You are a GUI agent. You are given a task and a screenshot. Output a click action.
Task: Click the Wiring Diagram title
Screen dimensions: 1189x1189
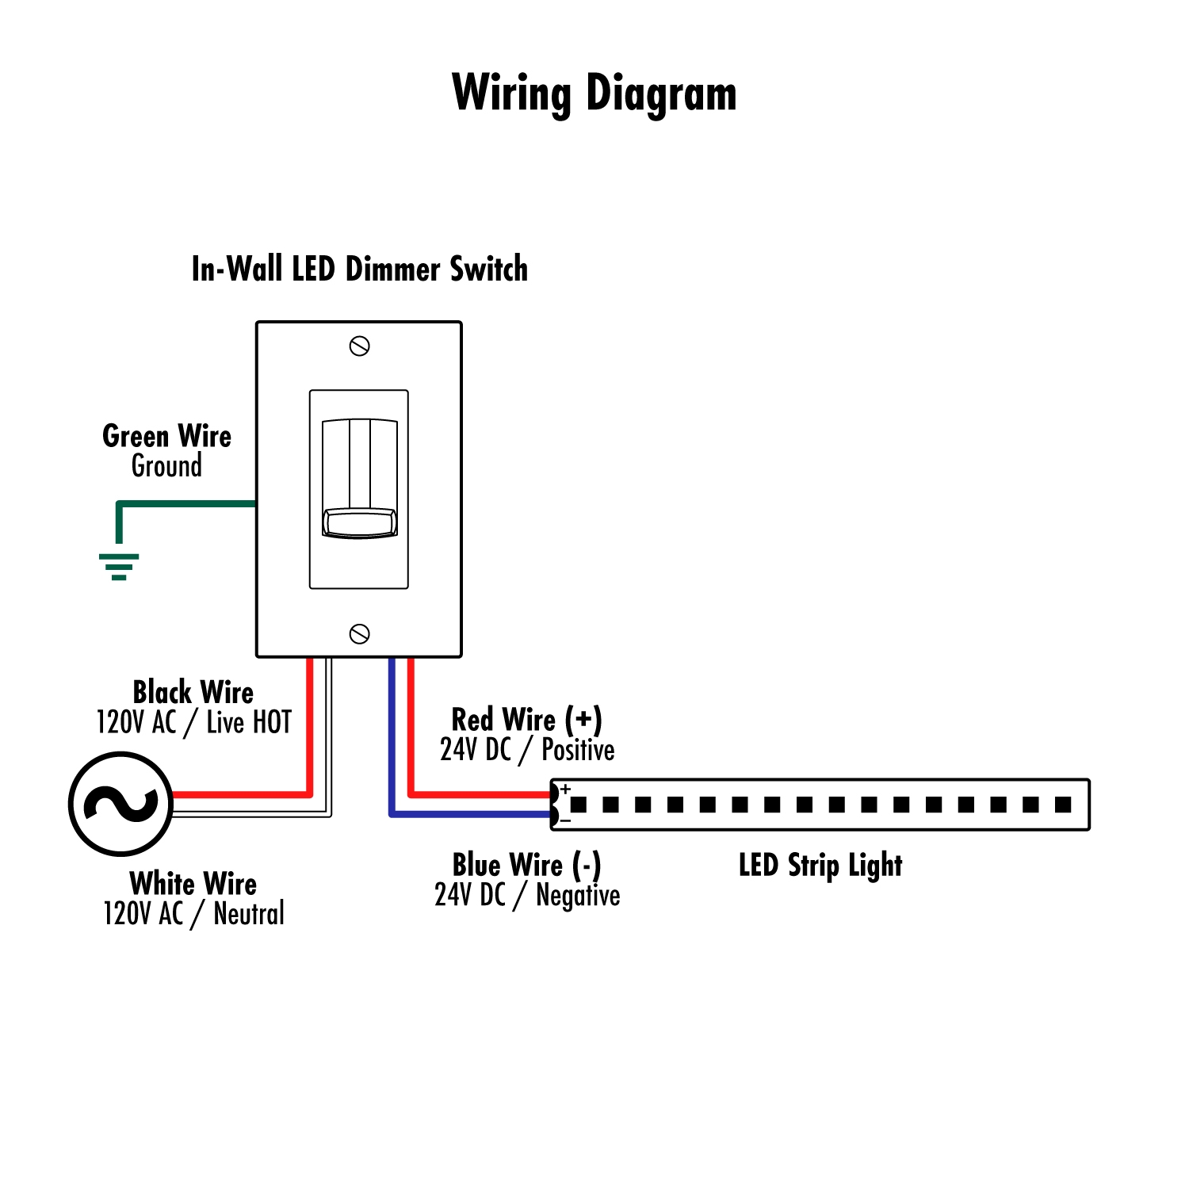tap(594, 94)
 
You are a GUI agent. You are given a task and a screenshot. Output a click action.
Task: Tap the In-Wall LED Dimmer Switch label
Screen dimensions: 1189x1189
tap(359, 270)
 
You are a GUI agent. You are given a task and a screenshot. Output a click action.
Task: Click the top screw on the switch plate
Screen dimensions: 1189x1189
tap(359, 346)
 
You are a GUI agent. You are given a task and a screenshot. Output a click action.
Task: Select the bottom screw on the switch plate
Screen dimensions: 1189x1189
tap(359, 634)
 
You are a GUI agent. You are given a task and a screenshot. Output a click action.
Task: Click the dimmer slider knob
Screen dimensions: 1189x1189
tap(360, 523)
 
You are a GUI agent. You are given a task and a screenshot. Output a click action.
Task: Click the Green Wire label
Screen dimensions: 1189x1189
tap(166, 436)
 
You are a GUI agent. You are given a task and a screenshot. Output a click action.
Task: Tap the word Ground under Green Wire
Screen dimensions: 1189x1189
tap(166, 466)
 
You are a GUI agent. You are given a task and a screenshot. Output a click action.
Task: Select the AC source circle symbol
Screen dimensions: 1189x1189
tap(120, 804)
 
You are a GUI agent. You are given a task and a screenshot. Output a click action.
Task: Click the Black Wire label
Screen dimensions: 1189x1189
tap(193, 692)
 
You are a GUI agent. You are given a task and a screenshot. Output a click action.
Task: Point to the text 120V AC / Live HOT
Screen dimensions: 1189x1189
tap(193, 722)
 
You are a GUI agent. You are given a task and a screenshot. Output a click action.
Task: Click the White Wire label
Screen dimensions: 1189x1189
tap(193, 883)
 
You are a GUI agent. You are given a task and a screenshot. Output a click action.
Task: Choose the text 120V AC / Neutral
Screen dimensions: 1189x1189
tap(193, 913)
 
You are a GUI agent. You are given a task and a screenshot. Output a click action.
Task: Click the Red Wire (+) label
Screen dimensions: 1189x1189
tap(526, 720)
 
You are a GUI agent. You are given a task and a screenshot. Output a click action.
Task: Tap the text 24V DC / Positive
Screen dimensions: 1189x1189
tap(527, 750)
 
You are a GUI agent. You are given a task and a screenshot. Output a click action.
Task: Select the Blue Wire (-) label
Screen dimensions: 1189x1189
tap(526, 865)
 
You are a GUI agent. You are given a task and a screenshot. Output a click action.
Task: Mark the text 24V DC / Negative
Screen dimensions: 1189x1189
tap(527, 895)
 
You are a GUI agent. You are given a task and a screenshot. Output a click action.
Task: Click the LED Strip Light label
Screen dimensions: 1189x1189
tap(820, 865)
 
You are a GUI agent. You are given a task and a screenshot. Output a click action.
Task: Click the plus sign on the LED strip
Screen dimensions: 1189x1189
tap(565, 789)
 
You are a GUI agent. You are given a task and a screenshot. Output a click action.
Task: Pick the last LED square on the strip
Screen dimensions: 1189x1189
tap(1063, 805)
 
